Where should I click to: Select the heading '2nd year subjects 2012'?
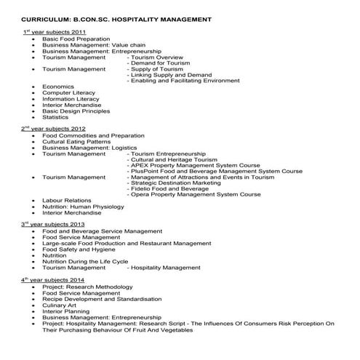click(55, 129)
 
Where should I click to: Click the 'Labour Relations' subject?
click(68, 201)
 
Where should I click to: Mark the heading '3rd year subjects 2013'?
click(54, 224)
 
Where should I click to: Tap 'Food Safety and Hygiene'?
click(79, 249)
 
